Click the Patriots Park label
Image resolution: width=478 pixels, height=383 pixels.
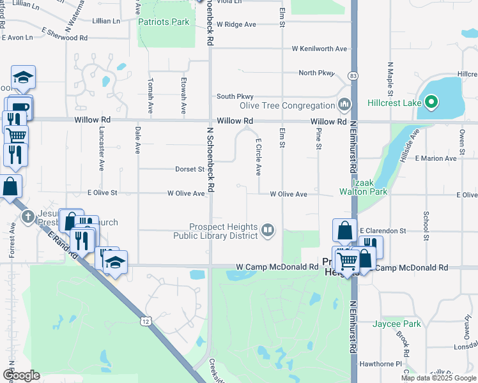(x=164, y=22)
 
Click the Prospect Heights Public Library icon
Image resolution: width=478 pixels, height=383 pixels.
(x=268, y=230)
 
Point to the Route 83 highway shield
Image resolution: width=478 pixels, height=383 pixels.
(x=353, y=76)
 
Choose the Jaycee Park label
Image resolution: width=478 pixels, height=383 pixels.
(x=397, y=324)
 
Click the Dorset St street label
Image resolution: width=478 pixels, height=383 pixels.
(x=190, y=170)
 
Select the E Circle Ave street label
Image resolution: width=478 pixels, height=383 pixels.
(x=258, y=157)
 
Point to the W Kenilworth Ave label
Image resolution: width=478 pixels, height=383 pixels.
(x=320, y=49)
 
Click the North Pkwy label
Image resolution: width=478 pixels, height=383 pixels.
(x=316, y=73)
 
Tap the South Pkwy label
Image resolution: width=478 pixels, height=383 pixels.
(x=231, y=96)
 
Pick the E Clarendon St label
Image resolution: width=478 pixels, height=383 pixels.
(x=383, y=230)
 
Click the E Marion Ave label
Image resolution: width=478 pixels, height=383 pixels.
(x=436, y=158)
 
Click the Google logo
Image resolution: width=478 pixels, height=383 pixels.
(x=21, y=375)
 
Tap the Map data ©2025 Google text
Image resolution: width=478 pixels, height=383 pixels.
(x=438, y=378)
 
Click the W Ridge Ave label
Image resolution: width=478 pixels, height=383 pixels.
(x=236, y=24)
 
